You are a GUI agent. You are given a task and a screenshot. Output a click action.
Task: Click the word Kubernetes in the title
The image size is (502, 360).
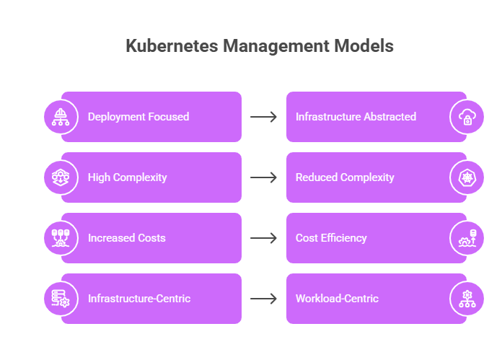pos(172,45)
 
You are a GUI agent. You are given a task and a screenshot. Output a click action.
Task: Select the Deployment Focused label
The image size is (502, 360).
pos(138,117)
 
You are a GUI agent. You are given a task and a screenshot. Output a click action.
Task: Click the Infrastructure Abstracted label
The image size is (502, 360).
pos(356,117)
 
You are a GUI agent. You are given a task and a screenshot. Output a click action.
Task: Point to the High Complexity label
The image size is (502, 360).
pos(128,177)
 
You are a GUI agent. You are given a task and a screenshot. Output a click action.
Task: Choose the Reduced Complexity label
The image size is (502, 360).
pos(345,177)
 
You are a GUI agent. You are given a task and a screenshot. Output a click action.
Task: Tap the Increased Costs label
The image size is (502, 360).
pos(127,238)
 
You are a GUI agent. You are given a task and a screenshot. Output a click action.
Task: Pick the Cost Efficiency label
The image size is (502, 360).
pos(331,238)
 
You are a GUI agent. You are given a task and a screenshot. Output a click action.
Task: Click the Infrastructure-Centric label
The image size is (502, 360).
pos(139,299)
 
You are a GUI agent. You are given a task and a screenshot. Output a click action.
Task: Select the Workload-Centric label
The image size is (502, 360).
pos(337,299)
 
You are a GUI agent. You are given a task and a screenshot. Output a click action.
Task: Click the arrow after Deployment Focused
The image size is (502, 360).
pos(263,117)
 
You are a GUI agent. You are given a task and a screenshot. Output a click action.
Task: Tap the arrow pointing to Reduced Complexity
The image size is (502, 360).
pos(263,177)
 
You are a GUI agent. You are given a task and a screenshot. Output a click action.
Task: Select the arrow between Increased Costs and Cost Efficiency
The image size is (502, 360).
pos(263,238)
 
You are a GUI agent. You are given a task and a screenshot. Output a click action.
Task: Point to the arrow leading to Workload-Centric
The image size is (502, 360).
pos(263,299)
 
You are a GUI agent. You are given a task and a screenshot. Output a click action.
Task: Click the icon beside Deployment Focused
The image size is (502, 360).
pos(61,117)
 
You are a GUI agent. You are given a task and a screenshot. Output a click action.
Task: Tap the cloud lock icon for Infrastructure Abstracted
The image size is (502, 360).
pos(467,117)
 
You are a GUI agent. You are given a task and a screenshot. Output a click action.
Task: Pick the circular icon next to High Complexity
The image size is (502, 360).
pos(61,177)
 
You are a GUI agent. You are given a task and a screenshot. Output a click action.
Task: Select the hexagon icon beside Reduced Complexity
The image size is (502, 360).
pos(467,177)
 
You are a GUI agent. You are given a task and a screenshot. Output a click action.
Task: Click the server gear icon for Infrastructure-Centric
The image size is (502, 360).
pos(61,299)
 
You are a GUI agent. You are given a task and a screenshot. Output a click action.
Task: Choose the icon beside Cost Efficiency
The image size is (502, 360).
pos(467,238)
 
